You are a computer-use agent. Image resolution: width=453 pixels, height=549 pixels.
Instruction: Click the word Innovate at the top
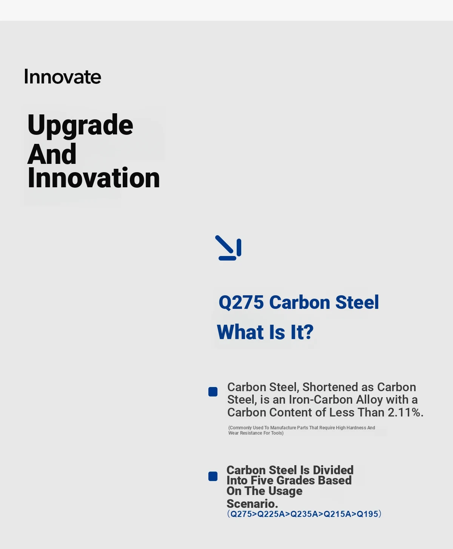point(62,77)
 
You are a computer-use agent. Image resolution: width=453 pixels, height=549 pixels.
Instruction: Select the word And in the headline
point(52,154)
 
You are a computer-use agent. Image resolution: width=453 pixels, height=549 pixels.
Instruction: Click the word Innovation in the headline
point(94,177)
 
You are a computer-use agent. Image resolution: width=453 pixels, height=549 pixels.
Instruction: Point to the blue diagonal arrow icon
point(228,248)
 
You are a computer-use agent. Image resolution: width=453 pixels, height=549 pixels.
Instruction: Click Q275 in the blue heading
point(241,302)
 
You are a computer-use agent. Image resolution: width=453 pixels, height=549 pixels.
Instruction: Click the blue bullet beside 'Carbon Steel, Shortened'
point(213,392)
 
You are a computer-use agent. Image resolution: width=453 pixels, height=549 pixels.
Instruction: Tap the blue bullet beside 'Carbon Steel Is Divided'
point(213,476)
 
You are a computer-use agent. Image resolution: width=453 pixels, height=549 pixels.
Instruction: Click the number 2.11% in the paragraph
point(405,412)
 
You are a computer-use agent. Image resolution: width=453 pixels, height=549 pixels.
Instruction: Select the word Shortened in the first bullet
point(330,387)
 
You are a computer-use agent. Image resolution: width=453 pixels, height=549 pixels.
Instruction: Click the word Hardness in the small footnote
point(356,428)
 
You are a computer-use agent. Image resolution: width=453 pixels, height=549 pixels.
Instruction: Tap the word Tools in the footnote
point(277,433)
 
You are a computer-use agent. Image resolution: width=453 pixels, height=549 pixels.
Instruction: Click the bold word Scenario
point(252,504)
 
